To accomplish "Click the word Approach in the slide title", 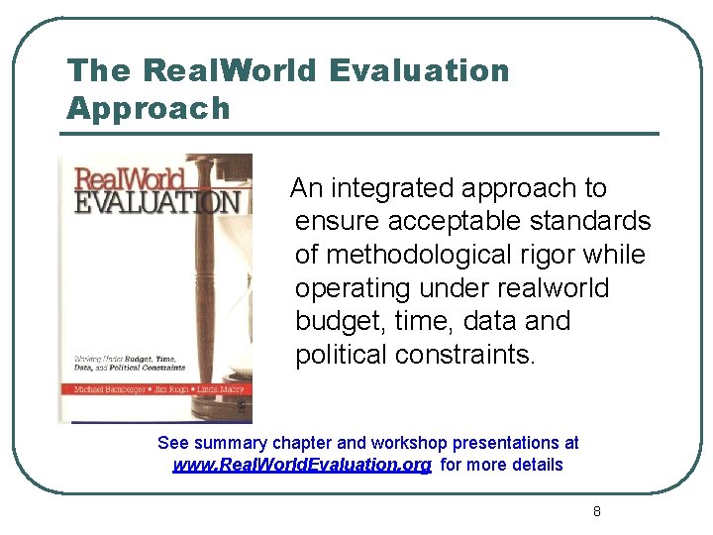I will (148, 108).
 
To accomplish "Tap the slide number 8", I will (596, 511).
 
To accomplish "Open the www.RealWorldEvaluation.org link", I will (302, 465).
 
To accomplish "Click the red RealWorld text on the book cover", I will (130, 179).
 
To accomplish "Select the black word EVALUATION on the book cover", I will (157, 203).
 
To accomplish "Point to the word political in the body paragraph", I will (341, 356).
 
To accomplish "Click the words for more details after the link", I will (501, 465).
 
